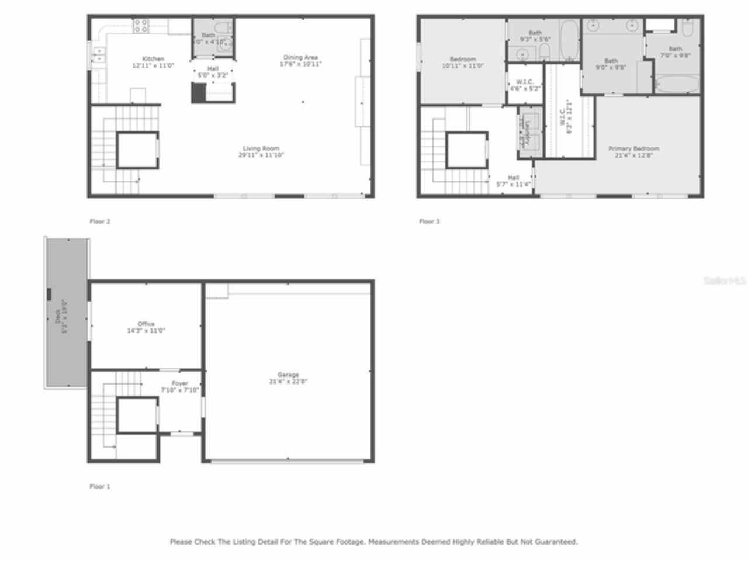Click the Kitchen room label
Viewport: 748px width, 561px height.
[x=153, y=62]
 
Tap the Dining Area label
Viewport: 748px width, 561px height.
[x=300, y=60]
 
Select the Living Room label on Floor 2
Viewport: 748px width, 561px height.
[x=261, y=151]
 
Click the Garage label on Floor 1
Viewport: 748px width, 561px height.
[x=288, y=378]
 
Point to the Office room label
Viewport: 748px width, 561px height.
[x=146, y=327]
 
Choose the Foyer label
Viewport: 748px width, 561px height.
[x=180, y=386]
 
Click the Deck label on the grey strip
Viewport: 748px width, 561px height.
[x=61, y=316]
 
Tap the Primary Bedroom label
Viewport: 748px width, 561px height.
[x=633, y=152]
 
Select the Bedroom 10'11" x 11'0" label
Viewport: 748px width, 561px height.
[x=463, y=62]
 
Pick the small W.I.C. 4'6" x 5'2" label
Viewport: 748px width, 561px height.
[x=525, y=85]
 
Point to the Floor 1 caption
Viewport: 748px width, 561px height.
[x=100, y=486]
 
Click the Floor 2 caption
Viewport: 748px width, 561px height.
[x=100, y=221]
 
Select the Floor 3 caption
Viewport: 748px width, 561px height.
[x=430, y=221]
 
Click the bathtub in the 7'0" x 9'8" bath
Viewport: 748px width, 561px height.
[x=676, y=84]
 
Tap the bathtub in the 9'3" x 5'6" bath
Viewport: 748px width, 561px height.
[x=569, y=40]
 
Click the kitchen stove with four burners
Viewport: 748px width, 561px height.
[x=141, y=25]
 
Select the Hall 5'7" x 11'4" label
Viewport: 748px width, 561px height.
[x=513, y=181]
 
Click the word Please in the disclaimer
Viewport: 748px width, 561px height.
[x=181, y=542]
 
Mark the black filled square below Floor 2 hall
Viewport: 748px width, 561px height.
[x=199, y=93]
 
